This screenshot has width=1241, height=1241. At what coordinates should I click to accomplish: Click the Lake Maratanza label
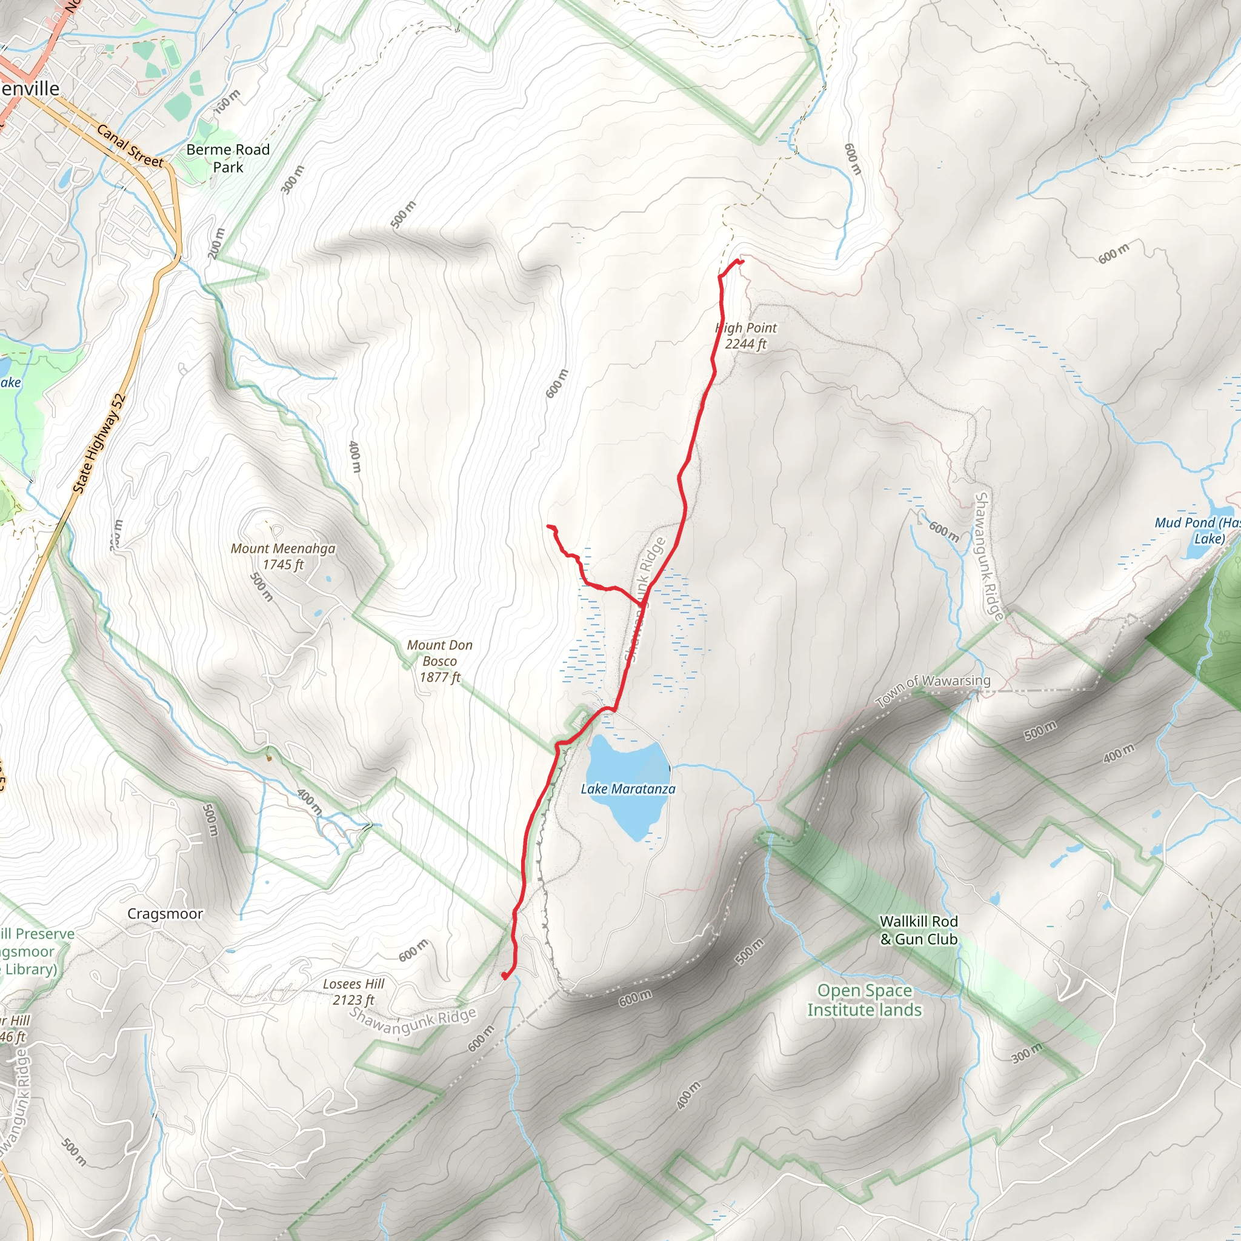click(628, 789)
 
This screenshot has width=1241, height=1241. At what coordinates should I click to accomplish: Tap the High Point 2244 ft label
click(746, 336)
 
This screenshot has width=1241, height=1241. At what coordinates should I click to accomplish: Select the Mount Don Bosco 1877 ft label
click(440, 661)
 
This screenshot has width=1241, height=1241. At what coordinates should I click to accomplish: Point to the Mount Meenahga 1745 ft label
click(282, 556)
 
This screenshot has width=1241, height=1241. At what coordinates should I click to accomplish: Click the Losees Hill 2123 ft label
click(353, 992)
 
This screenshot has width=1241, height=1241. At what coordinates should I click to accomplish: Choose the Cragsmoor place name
click(165, 913)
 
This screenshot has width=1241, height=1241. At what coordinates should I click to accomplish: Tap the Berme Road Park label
click(228, 158)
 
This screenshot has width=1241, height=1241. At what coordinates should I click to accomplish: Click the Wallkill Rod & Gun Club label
click(919, 930)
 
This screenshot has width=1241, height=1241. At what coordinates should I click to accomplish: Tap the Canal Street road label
click(130, 146)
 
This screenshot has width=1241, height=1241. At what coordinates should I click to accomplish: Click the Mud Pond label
click(1197, 531)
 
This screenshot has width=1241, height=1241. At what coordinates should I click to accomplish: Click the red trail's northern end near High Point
click(742, 261)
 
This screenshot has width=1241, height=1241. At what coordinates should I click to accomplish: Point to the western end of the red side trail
click(548, 527)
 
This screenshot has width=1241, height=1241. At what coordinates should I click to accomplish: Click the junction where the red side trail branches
click(643, 604)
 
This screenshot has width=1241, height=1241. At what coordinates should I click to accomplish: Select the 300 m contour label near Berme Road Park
click(293, 179)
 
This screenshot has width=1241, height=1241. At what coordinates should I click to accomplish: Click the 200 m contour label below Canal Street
click(216, 244)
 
